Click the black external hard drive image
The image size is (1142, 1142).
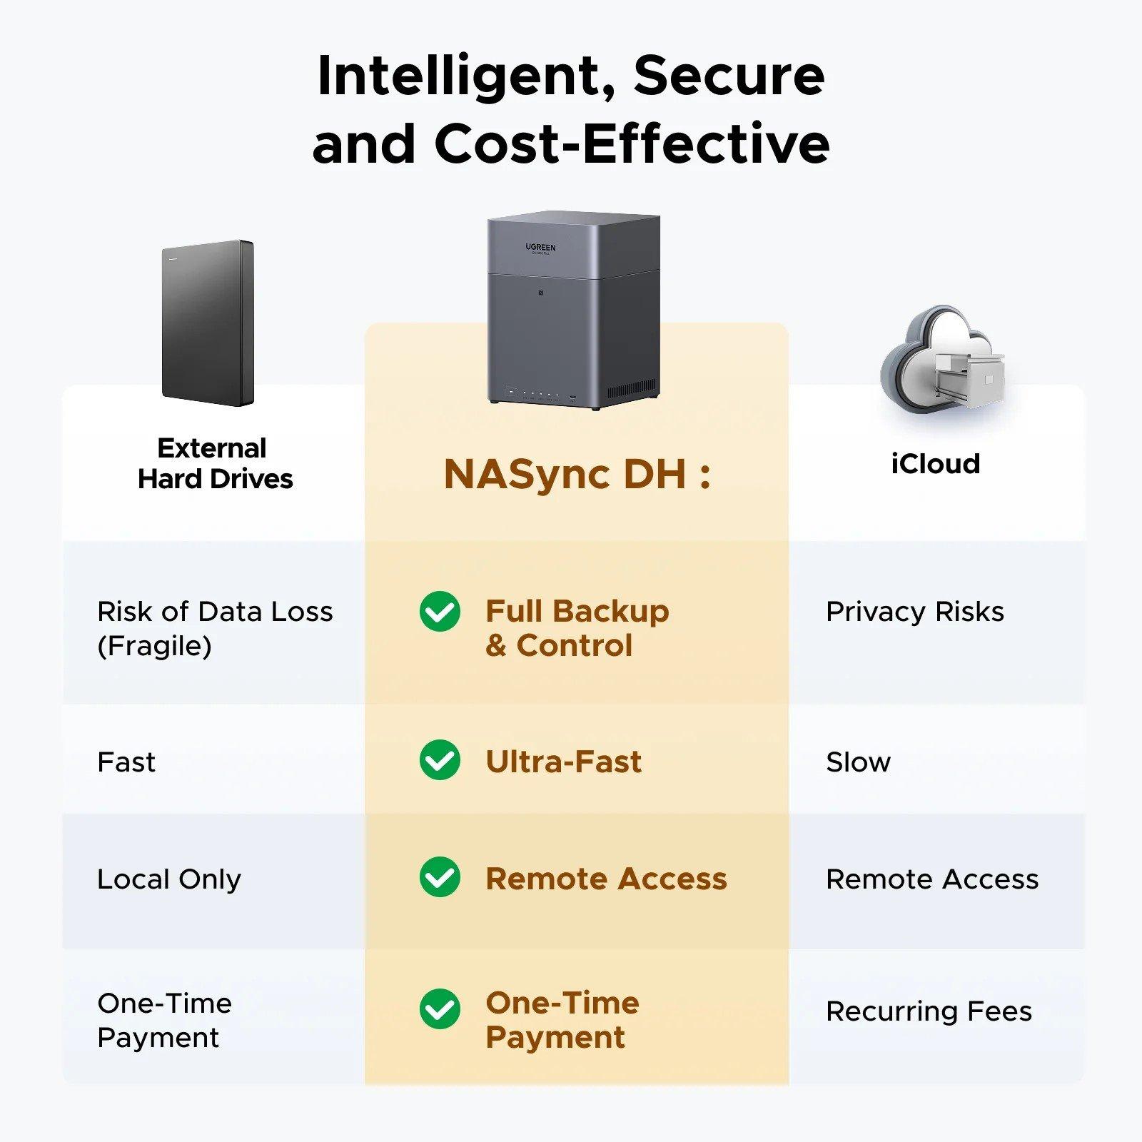point(208,323)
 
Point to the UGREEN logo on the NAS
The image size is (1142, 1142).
point(540,248)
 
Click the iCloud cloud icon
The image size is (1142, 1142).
point(941,360)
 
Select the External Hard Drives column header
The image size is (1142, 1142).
point(214,463)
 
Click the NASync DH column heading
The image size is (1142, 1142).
point(577,474)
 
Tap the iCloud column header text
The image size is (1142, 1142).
point(935,464)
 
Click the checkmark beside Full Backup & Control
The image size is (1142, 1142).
point(440,612)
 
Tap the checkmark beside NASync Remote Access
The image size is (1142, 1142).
point(440,876)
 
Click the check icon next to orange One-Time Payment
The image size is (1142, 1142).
point(440,1009)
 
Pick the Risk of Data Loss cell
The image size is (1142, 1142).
point(214,628)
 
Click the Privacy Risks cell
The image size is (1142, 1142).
point(914,612)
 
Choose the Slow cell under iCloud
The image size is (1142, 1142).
point(858,762)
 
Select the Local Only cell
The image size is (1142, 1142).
point(169,879)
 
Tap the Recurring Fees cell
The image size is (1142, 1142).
point(929,1011)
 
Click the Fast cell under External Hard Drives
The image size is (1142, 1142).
point(126,762)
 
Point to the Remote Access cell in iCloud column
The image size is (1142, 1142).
point(932,879)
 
